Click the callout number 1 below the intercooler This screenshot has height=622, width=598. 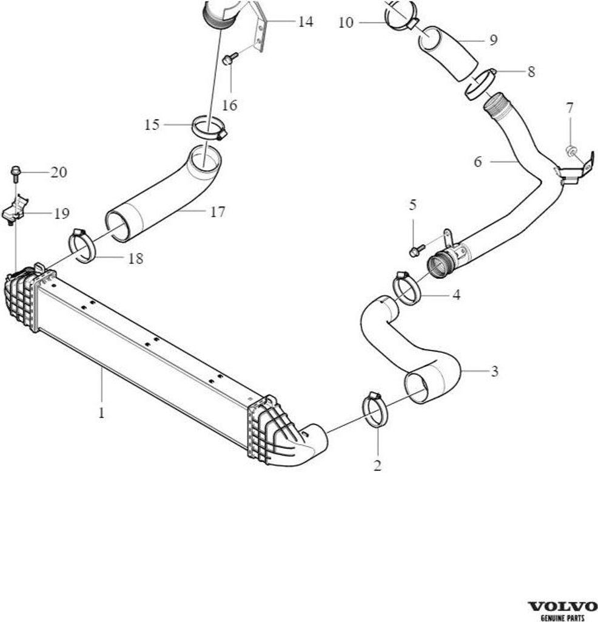[102, 412]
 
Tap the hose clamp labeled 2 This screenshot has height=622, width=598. [375, 411]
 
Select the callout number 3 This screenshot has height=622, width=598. [494, 371]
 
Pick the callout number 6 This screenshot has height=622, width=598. [478, 162]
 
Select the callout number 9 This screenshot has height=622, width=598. [493, 40]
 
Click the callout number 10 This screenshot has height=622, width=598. [346, 22]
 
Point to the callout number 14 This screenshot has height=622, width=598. [305, 21]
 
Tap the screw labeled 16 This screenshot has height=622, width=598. [230, 59]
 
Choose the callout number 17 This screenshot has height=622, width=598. [217, 212]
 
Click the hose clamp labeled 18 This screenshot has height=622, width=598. [82, 246]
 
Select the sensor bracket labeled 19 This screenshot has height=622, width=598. [15, 209]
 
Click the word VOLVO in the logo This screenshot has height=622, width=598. [563, 607]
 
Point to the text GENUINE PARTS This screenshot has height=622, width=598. [562, 618]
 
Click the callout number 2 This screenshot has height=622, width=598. [377, 465]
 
